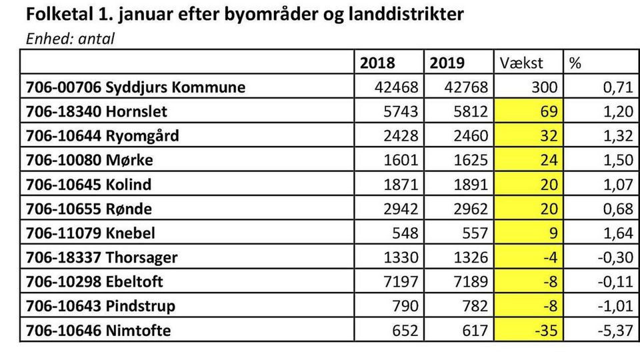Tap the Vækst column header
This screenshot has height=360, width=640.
522,63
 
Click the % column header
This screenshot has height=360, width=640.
575,63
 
